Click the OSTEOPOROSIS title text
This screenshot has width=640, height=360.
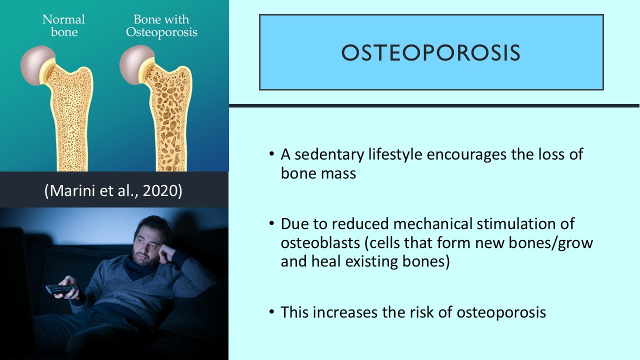430,53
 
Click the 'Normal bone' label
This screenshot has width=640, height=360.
63,26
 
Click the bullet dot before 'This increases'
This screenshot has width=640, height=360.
271,313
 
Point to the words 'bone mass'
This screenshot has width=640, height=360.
318,173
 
